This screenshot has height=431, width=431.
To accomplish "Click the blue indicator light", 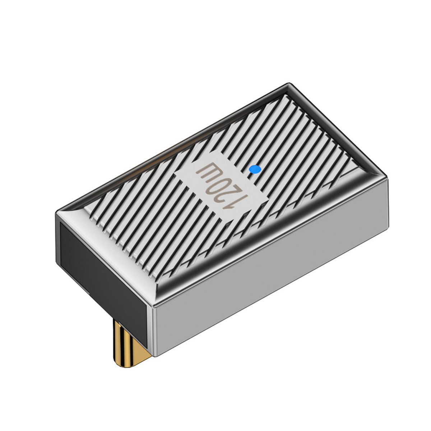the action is click(x=255, y=169).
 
